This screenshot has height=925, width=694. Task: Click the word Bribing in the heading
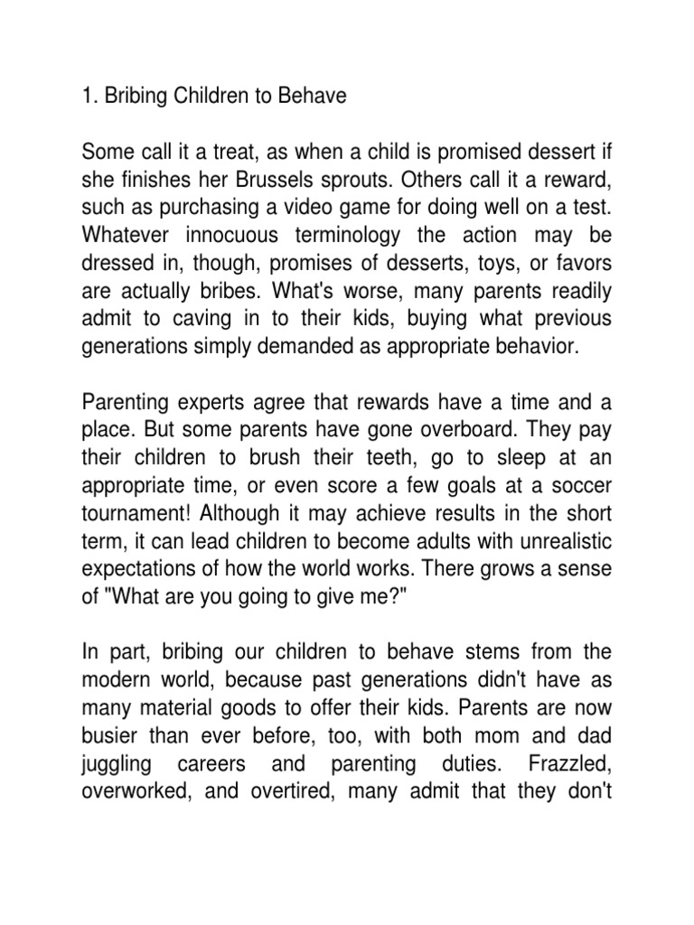click(148, 96)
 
